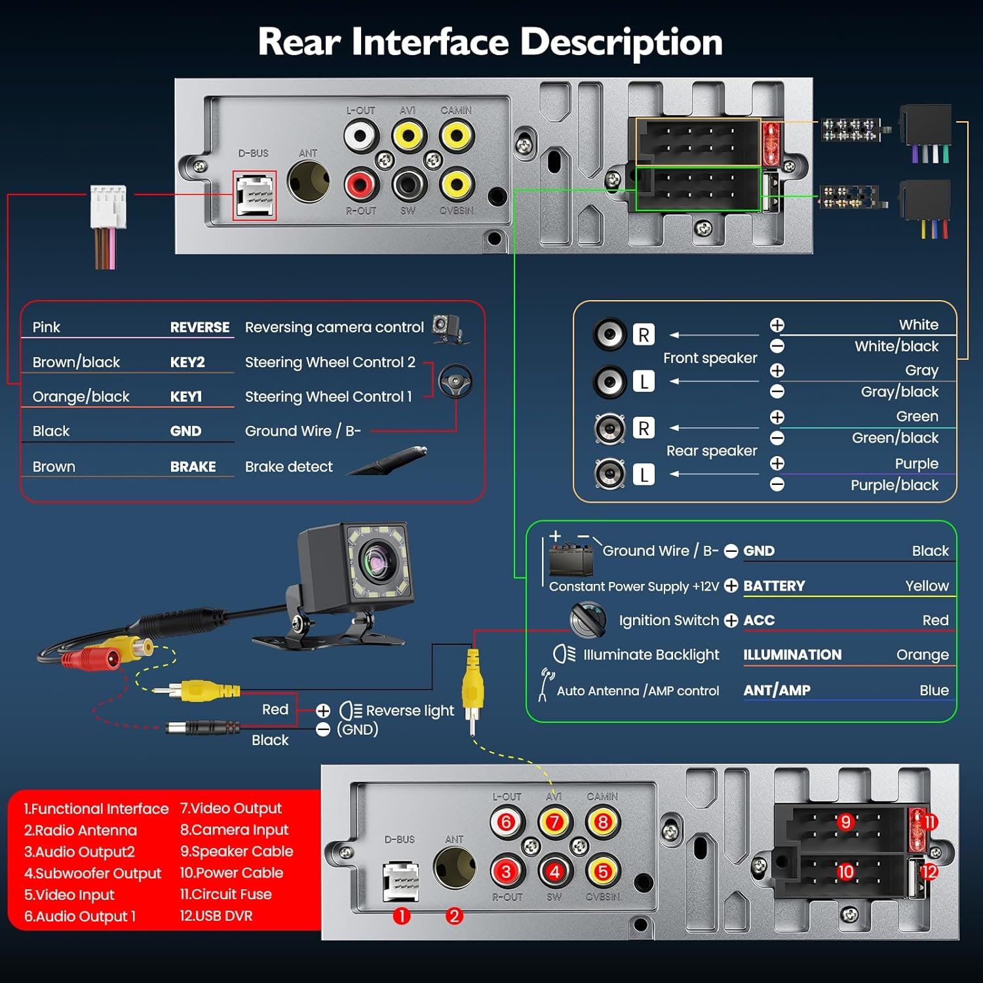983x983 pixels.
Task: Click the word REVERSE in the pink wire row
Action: click(x=199, y=327)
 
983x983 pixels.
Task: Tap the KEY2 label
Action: click(x=187, y=362)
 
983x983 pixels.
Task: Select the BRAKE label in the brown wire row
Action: click(x=193, y=467)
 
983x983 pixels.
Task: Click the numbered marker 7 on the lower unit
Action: click(x=554, y=822)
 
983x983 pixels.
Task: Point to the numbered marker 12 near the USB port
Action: click(x=929, y=872)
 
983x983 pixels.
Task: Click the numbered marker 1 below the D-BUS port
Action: click(x=401, y=916)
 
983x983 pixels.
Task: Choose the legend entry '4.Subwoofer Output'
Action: click(x=92, y=873)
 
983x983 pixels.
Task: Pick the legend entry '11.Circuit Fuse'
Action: click(x=225, y=894)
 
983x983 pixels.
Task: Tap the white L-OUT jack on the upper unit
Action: click(x=360, y=136)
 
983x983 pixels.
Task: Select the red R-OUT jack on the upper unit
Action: click(x=360, y=184)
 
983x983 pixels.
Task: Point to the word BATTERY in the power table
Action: click(x=774, y=586)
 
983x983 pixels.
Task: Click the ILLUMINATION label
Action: click(x=792, y=655)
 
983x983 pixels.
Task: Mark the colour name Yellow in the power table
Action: click(x=927, y=586)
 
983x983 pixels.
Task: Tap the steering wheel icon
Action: click(x=455, y=381)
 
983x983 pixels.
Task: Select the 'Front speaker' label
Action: click(x=710, y=358)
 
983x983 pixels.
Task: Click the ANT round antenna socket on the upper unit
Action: click(x=308, y=182)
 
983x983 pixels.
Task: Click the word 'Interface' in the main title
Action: click(x=430, y=42)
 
